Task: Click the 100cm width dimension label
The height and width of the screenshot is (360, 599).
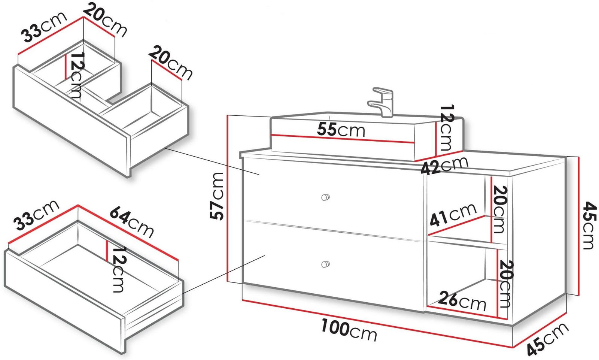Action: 349,330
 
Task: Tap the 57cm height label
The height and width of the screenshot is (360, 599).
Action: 217,196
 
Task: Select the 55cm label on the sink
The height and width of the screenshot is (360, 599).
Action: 341,130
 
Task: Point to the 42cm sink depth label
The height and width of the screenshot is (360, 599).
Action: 444,165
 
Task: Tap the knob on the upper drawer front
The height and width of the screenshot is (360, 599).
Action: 325,197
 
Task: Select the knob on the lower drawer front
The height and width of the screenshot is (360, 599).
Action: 325,264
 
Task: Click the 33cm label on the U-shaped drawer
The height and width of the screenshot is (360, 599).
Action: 45,27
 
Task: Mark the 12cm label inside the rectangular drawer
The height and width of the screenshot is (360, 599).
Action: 118,269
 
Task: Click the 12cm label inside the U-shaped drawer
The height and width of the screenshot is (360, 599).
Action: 77,75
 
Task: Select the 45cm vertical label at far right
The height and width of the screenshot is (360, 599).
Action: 589,226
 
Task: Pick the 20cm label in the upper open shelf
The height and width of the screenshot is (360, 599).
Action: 499,209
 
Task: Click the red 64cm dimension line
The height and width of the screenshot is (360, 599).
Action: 128,232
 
